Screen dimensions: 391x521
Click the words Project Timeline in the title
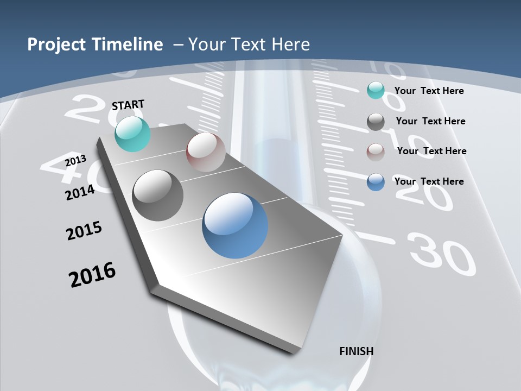coord(95,45)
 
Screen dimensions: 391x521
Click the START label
coord(128,104)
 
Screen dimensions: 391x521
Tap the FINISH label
coord(357,351)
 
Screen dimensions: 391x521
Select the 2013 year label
coord(75,161)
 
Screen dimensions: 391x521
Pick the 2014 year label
coord(80,192)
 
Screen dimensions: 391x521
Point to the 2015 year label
coord(84,231)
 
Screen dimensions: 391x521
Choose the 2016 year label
coord(92,274)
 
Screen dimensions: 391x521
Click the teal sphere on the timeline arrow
coord(132,134)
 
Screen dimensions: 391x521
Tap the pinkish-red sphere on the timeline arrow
coord(206,152)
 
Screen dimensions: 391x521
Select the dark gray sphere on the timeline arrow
coord(158,195)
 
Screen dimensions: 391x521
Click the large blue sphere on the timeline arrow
coord(235,225)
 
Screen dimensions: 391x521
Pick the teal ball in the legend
coord(376,91)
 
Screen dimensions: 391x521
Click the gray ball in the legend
coord(376,122)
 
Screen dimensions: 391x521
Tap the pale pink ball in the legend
coord(376,152)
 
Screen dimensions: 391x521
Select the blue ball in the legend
coord(376,182)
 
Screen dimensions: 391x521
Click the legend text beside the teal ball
coord(429,91)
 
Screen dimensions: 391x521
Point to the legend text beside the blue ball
coord(429,181)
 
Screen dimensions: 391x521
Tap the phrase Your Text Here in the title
coord(249,45)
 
